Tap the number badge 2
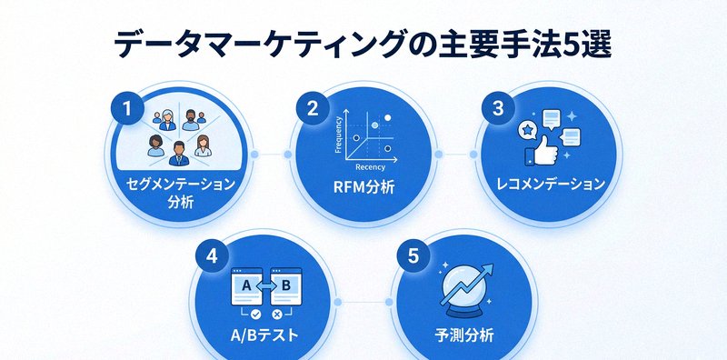313,109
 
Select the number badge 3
497,109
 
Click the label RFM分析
363,191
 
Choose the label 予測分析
464,335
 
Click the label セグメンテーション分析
181,192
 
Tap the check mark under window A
243,314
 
